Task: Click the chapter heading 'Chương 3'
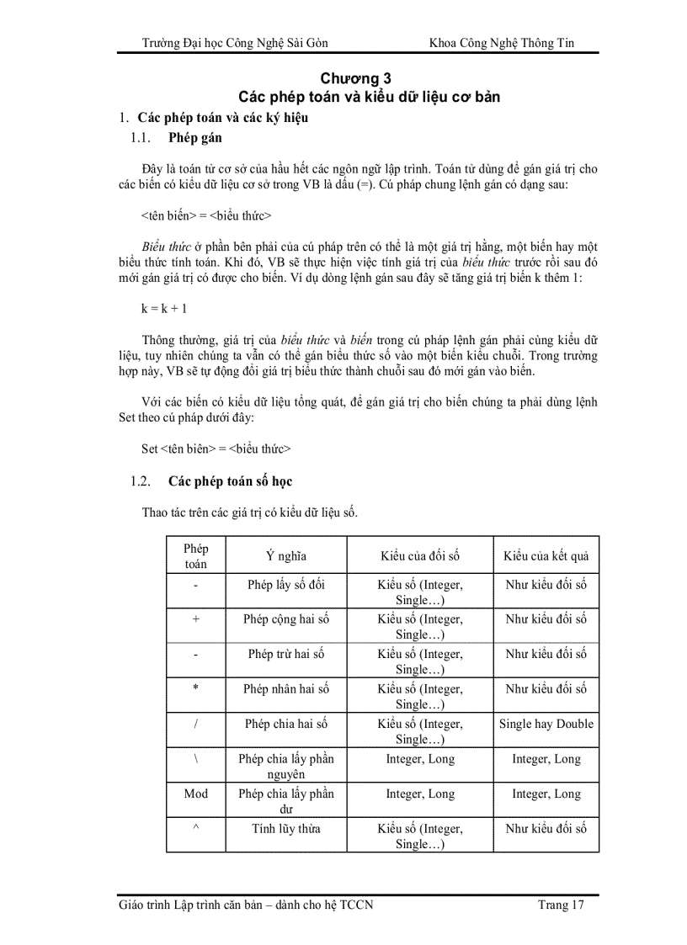[x=369, y=79]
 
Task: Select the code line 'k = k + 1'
[x=164, y=309]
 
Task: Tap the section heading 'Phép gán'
[x=195, y=137]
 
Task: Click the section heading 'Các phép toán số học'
[x=230, y=481]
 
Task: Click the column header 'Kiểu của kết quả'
[x=546, y=555]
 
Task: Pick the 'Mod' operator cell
[x=195, y=794]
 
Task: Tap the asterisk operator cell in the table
[x=195, y=688]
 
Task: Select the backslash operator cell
[x=195, y=758]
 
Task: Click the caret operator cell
[x=195, y=828]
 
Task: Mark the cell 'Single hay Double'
[x=546, y=724]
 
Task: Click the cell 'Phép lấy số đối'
[x=286, y=584]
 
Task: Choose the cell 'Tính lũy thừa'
[x=286, y=829]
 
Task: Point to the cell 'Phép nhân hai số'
[x=286, y=689]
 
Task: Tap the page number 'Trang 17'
[x=561, y=905]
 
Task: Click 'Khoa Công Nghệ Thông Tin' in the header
[x=502, y=43]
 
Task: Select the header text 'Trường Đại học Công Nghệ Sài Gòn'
[x=236, y=43]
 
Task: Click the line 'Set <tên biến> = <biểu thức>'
[x=216, y=449]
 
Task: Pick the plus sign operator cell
[x=195, y=618]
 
